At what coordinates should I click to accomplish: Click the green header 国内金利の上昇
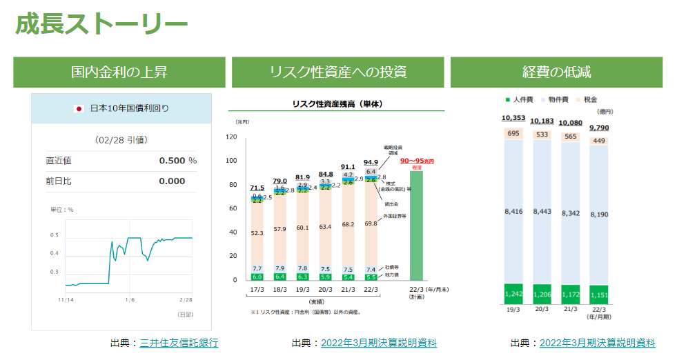coord(119,72)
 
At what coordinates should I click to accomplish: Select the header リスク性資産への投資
coord(337,72)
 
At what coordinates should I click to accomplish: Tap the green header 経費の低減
coord(556,72)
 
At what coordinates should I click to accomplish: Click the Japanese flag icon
coord(79,108)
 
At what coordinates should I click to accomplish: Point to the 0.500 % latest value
coord(177,161)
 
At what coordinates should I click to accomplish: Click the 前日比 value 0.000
coord(172,181)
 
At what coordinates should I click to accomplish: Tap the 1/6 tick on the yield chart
coord(129,299)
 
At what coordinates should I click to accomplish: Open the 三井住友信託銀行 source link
coord(179,343)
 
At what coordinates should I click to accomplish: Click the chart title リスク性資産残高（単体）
coord(337,104)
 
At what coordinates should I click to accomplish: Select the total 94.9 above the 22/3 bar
coord(371,163)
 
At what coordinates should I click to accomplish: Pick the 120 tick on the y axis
coord(231,137)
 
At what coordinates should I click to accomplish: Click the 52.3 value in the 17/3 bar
coord(257,233)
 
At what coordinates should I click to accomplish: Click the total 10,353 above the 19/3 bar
coord(514,118)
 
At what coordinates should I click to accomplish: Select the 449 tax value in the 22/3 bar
coord(598,141)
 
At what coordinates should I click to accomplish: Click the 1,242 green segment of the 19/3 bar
coord(514,294)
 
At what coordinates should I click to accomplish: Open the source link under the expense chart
coord(597,343)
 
